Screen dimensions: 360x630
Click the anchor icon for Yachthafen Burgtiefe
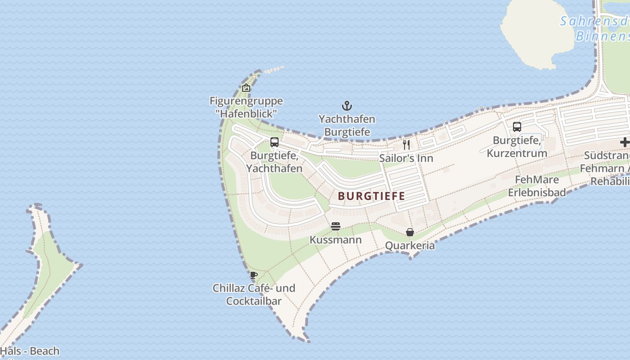tap(346, 106)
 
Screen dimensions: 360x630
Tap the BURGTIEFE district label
tap(371, 196)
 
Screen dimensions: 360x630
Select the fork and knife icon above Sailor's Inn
tap(406, 144)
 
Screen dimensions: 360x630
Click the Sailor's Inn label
tap(406, 158)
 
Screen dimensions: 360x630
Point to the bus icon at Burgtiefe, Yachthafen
tap(274, 142)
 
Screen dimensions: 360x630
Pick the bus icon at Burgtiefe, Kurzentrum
tap(517, 127)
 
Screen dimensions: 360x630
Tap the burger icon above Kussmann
tap(335, 226)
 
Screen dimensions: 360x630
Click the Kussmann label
tap(335, 240)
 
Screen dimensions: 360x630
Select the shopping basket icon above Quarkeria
tap(410, 232)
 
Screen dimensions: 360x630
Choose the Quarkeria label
tap(410, 246)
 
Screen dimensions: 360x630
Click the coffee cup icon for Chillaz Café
tap(254, 274)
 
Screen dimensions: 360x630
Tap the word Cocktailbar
tap(254, 301)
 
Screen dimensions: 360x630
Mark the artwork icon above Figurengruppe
tap(246, 88)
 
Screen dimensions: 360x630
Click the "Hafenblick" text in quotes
tap(246, 113)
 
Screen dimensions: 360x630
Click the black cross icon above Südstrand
tap(625, 142)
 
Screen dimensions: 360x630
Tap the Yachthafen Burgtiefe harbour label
tap(347, 126)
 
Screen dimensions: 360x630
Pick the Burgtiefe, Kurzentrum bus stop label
tap(517, 147)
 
